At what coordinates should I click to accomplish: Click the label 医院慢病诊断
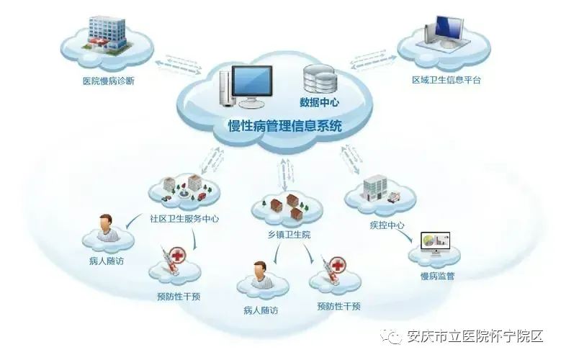click(109, 81)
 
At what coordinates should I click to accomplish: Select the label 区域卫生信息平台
click(446, 80)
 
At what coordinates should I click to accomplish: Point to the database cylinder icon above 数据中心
click(320, 78)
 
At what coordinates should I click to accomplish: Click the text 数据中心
click(319, 102)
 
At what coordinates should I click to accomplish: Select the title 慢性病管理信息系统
click(285, 126)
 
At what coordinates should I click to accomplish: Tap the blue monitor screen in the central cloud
click(252, 81)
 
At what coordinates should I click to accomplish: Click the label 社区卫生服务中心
click(184, 219)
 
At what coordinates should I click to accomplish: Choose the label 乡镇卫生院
click(289, 235)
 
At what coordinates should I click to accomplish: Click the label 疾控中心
click(387, 225)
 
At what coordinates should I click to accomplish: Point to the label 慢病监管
click(437, 276)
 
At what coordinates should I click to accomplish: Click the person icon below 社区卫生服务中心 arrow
click(106, 228)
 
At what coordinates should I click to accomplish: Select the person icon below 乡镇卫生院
click(261, 274)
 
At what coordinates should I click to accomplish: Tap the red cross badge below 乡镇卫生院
click(337, 265)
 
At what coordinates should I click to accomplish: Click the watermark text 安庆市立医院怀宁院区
click(475, 336)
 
